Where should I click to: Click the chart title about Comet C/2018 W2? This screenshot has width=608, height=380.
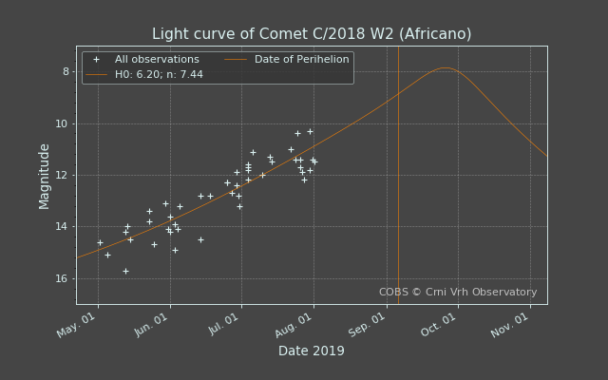point(312,34)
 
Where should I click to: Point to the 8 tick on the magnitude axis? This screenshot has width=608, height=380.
point(66,72)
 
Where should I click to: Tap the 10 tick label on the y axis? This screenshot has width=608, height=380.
point(63,124)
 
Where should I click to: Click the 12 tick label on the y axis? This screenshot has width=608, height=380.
point(63,175)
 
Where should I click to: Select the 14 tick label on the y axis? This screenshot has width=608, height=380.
point(63,226)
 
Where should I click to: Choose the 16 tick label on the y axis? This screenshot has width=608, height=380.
point(63,278)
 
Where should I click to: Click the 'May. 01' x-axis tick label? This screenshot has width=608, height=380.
point(76,325)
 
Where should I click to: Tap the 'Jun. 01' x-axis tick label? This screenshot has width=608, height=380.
point(151,325)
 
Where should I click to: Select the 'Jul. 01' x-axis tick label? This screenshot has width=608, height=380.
point(224,324)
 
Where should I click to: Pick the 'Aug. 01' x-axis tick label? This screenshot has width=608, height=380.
point(294,325)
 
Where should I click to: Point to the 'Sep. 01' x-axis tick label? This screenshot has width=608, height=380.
point(367,325)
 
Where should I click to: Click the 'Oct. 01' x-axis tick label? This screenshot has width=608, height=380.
point(439,325)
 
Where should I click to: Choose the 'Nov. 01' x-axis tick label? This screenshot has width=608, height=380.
point(510,325)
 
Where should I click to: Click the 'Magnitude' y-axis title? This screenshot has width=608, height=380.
point(45,177)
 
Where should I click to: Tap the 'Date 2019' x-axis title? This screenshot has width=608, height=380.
point(312,351)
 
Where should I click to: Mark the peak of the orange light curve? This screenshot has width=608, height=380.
point(446,67)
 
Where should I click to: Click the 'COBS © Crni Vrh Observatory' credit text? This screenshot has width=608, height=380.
point(458,292)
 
